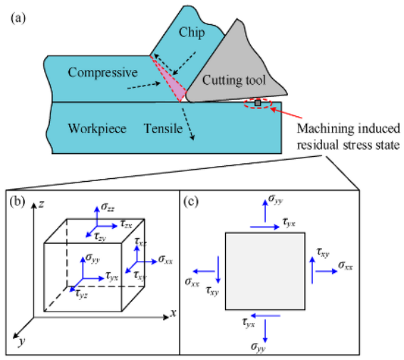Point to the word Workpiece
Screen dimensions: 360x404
click(97, 128)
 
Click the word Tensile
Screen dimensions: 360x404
click(166, 128)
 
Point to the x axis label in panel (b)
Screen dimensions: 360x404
click(172, 313)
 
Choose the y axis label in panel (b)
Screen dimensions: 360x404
click(23, 342)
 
